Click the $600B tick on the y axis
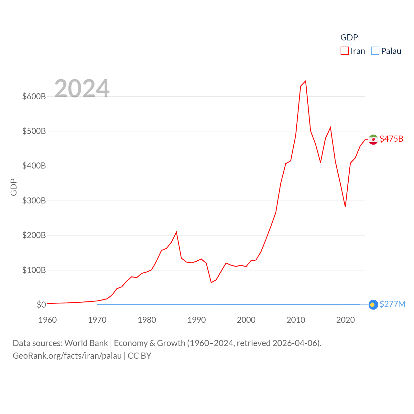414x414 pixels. (34, 96)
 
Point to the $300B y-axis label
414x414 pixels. (34, 201)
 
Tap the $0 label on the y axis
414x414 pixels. (41, 305)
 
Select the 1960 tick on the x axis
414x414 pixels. (48, 320)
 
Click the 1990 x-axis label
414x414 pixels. (197, 320)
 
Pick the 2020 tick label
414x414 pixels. (345, 320)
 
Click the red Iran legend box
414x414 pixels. (345, 51)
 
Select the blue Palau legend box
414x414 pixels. (375, 51)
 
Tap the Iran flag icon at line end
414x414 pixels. (373, 139)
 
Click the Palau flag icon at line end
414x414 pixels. (373, 305)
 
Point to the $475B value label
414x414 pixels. (391, 139)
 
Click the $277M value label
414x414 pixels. (392, 304)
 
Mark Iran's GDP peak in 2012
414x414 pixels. (306, 81)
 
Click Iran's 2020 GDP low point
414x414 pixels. (345, 207)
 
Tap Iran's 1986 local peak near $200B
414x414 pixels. (176, 232)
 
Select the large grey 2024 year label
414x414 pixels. (82, 89)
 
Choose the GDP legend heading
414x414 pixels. (349, 38)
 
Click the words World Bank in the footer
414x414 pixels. (86, 343)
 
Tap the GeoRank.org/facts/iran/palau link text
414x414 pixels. (67, 356)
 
